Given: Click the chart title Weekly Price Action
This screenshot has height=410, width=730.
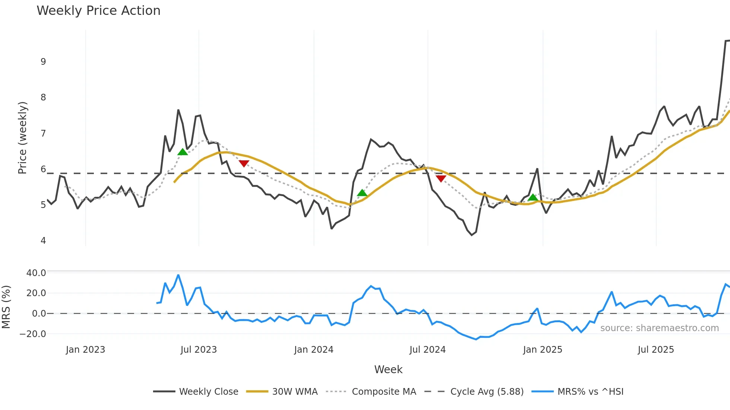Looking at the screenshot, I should pos(98,11).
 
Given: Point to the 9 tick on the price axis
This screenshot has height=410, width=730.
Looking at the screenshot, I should pos(43,62).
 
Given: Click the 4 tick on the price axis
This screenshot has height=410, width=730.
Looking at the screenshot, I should pos(43,241).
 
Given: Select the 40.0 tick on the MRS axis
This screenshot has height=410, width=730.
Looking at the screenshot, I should pos(36,273).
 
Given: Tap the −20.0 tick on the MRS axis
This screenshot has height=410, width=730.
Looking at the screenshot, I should pos(33,334).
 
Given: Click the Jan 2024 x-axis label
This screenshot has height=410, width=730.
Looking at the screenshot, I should pos(314,350).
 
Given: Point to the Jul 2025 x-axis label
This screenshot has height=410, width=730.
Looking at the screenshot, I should pos(656,350).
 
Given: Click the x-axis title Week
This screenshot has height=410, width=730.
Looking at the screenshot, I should pos(388,369).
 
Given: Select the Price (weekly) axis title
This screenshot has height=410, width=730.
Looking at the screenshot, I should pos(22,138).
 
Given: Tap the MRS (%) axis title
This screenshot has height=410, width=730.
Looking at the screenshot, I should pos(6,307).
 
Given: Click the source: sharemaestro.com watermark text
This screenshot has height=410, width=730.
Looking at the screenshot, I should pos(659,328).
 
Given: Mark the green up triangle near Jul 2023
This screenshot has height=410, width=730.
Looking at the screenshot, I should pos(182,152).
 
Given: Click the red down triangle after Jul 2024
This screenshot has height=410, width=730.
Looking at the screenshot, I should pos(441,179).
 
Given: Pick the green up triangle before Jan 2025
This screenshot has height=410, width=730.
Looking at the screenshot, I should pos(533,197).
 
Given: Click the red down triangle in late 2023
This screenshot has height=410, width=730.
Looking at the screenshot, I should pos(244,163).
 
